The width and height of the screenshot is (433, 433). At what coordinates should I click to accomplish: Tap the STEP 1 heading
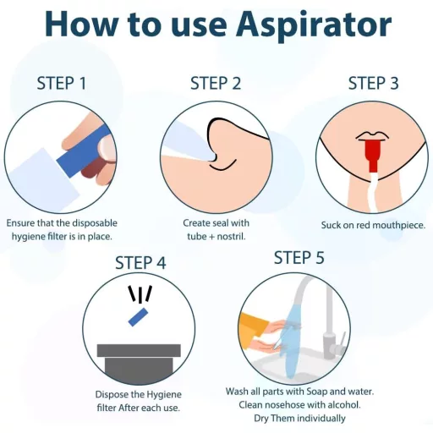point(62,84)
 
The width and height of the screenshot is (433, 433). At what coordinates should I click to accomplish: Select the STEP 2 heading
point(216,83)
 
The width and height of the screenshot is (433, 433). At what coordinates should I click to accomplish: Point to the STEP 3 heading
point(374,83)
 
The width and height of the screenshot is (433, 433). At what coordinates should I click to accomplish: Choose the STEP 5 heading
point(299,258)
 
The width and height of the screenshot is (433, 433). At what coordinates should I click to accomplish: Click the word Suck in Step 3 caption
point(332,225)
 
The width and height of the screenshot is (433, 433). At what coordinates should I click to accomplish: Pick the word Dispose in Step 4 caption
point(115,395)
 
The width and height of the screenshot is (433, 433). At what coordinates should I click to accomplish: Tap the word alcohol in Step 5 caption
point(340,405)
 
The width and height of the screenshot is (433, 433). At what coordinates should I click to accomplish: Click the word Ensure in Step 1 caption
point(23,223)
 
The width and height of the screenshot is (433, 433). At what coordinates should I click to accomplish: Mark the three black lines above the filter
point(140,294)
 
